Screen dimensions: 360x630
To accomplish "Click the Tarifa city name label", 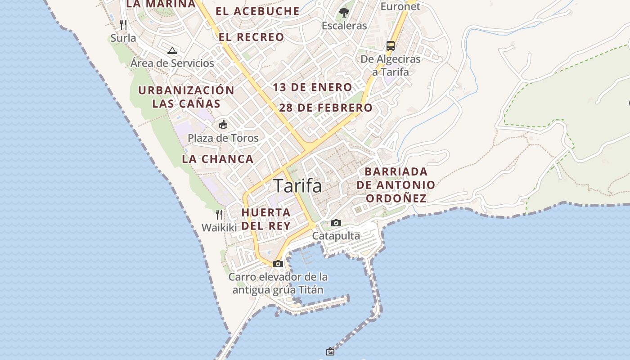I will point(297,186).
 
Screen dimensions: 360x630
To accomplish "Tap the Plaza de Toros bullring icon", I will point(223,124).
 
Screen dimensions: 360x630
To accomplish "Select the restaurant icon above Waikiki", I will point(219,214).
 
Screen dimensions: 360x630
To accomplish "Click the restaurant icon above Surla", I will point(123,24).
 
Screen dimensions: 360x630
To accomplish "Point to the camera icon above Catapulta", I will point(336,223).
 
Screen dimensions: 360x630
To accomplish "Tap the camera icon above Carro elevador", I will point(278,264).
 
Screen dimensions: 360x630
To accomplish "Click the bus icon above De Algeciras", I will point(391,45).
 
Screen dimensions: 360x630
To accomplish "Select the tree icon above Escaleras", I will point(344,12).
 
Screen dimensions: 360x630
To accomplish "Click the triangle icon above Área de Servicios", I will point(172,50).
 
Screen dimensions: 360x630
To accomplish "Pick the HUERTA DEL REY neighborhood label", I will point(266,219).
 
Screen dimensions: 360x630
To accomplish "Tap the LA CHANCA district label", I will point(218,159).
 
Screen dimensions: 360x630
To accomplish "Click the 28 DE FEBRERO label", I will point(326,108).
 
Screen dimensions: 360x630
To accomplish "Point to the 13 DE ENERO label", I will point(312,87).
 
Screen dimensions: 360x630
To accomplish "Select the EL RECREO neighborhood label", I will point(252,37).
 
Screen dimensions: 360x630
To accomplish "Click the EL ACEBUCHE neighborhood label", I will point(257,11).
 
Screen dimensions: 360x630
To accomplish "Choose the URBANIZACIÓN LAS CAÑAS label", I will point(186,97).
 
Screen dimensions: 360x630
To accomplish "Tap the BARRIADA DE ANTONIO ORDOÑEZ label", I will point(396,185).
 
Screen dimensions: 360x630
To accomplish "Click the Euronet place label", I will point(400,6).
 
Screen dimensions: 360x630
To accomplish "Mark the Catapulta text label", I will point(336,236).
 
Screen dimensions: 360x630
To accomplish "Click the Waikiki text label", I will point(219,228).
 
